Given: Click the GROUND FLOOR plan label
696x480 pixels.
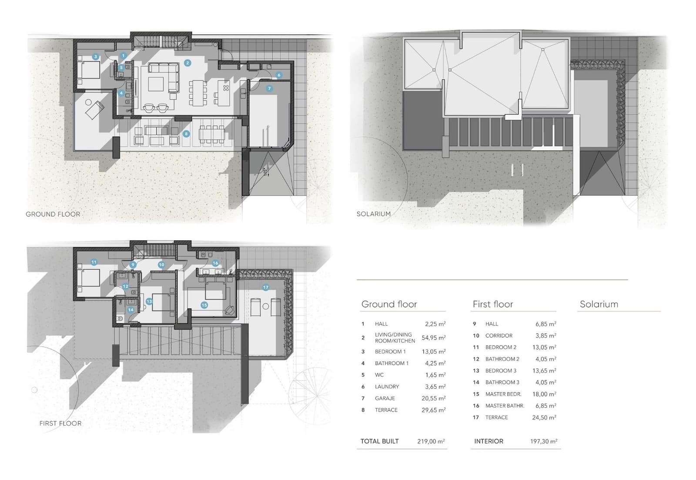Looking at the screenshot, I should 53,214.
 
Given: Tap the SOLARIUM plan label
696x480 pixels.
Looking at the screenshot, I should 373,214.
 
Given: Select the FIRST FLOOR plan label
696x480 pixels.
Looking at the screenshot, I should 60,423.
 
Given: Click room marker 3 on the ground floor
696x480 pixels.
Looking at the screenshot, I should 96,57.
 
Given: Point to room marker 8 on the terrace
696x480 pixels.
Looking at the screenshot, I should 186,134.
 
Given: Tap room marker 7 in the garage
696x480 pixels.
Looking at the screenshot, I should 269,88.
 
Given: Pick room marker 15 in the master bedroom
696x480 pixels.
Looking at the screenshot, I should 204,305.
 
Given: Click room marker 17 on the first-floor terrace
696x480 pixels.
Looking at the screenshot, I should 265,287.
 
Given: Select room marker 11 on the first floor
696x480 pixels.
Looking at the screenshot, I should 94,262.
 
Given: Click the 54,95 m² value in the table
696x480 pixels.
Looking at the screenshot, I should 433,338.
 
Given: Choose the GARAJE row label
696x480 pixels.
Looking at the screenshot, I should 385,398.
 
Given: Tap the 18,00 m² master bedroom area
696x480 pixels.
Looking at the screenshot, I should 545,394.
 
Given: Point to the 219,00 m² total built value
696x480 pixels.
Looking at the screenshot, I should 431,441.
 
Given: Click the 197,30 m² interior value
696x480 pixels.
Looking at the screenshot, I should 543,441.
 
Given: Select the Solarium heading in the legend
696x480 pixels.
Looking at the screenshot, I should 599,304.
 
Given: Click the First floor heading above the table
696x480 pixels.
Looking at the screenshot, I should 492,304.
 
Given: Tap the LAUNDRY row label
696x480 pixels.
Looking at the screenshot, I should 387,386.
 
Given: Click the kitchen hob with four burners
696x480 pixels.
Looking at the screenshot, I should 226,88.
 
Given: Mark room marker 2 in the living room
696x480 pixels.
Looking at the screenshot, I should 187,63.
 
